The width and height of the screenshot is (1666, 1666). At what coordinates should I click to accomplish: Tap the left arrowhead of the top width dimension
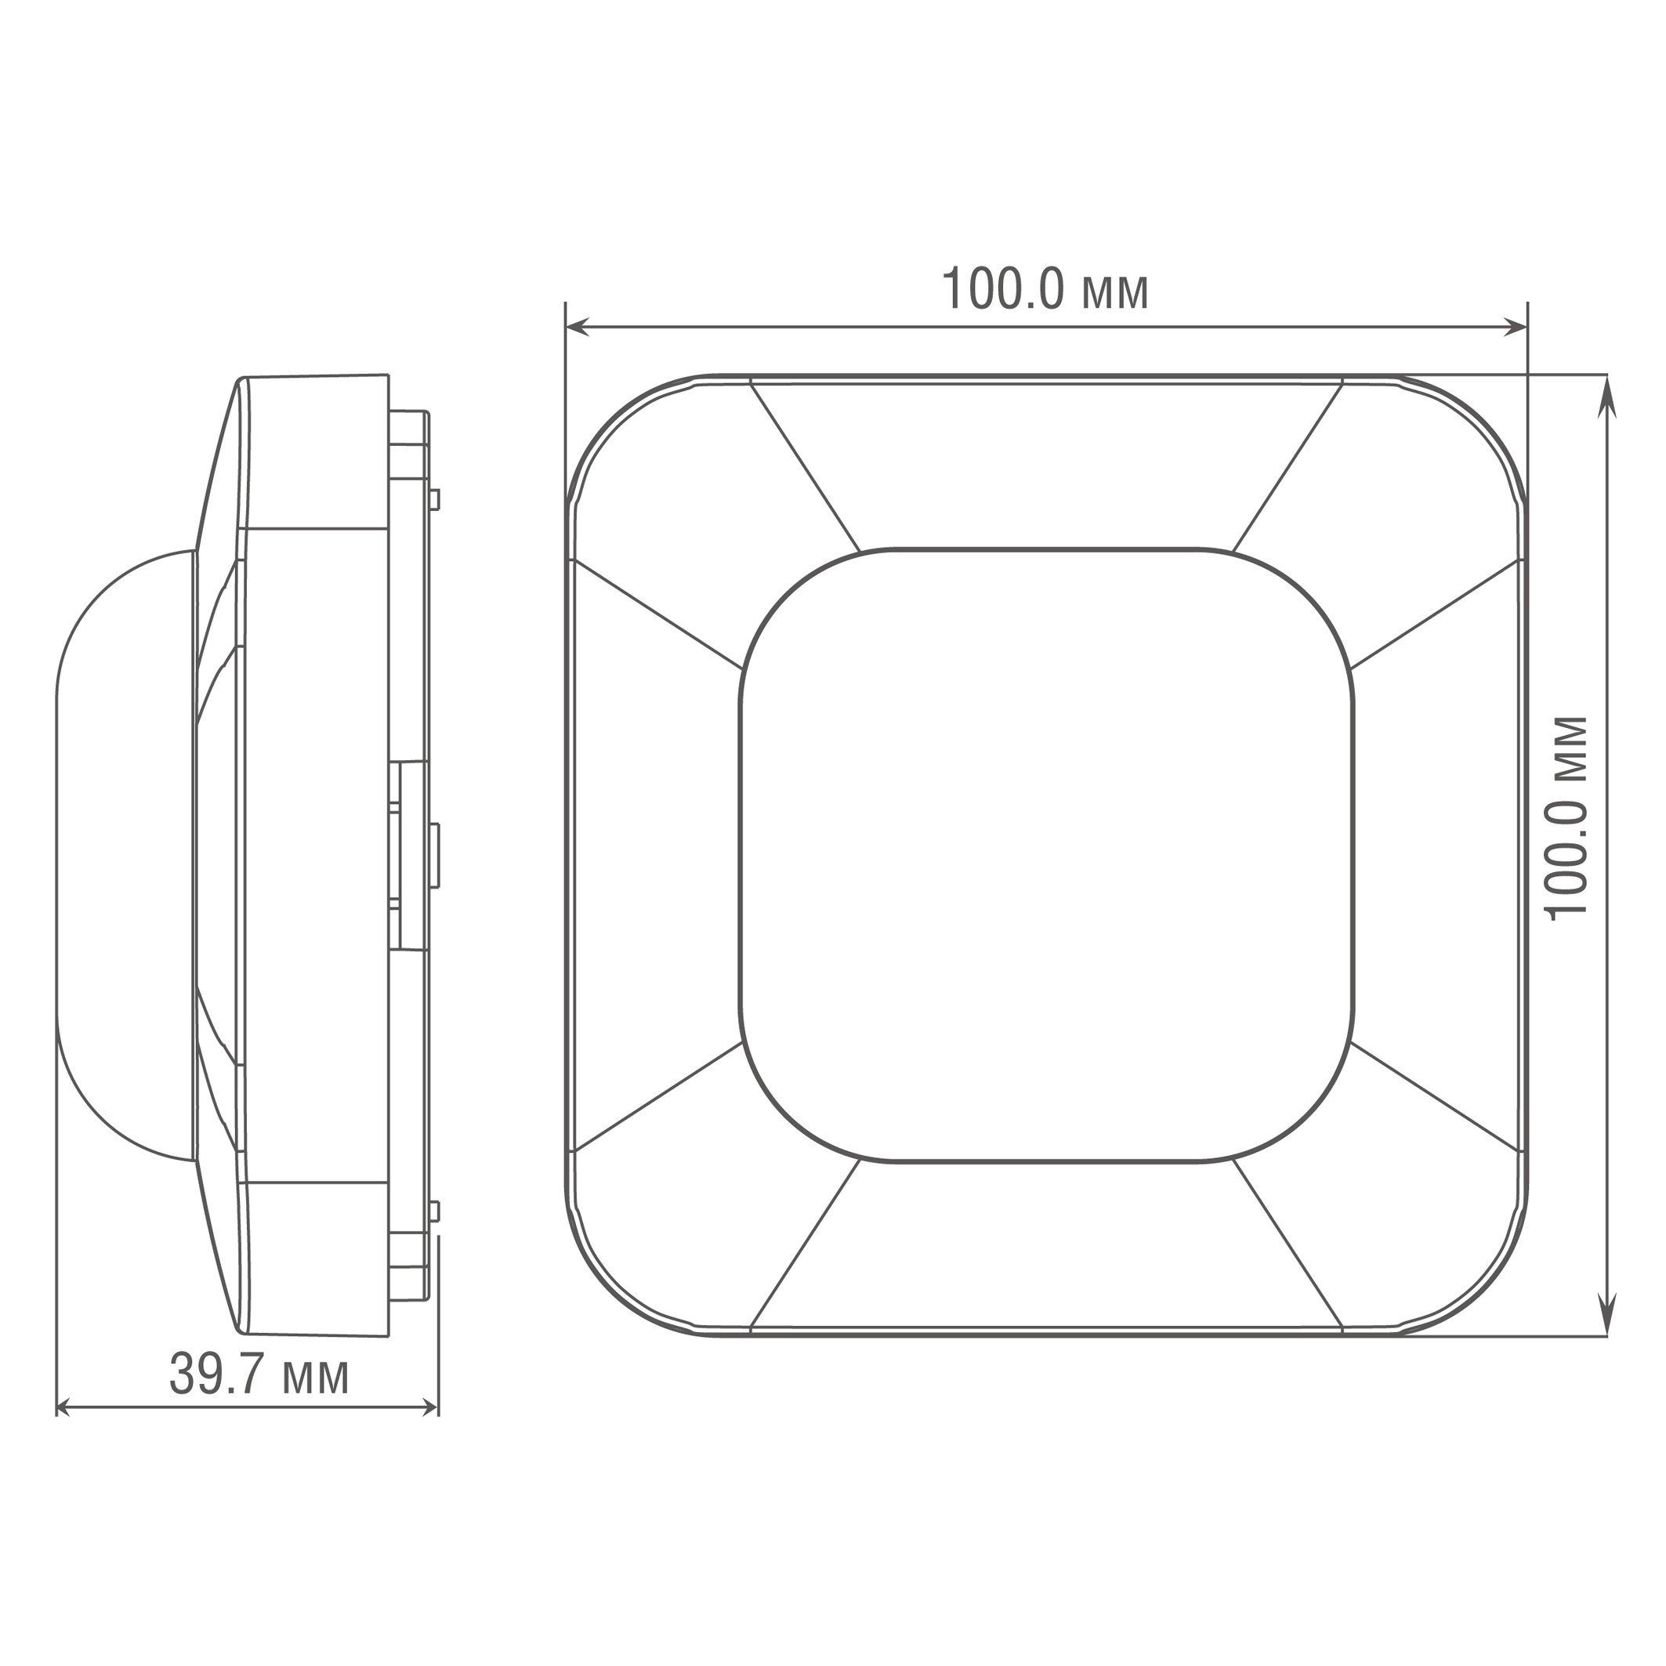point(577,327)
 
